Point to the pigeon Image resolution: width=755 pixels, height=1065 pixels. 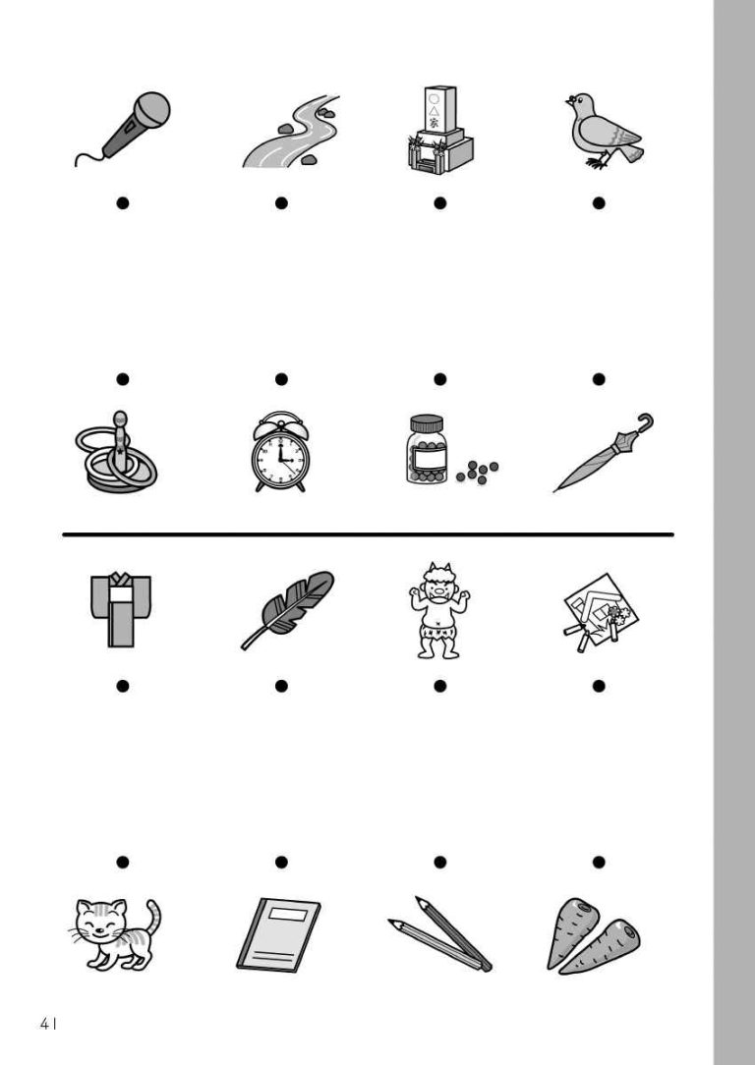(604, 131)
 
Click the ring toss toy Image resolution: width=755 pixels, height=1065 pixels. (117, 453)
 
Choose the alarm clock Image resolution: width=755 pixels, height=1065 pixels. (280, 452)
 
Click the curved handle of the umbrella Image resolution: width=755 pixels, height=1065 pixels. (643, 422)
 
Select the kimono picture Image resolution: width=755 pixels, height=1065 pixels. (121, 609)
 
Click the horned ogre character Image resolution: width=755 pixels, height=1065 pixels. (439, 610)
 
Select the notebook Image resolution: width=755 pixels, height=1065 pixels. (278, 935)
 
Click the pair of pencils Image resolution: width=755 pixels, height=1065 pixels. (439, 934)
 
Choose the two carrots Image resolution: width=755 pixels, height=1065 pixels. (593, 936)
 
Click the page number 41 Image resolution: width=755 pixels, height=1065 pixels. (47, 1024)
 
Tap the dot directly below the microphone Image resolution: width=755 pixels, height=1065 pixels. (122, 203)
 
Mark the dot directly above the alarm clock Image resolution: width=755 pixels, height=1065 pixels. (281, 379)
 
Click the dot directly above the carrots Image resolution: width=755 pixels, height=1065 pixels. (599, 862)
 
